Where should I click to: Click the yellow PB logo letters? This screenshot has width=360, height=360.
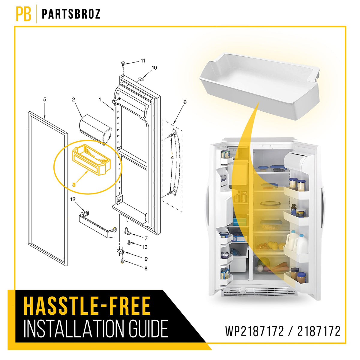23,14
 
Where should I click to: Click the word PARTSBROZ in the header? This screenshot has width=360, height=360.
71,14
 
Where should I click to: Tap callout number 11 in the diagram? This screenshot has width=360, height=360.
143,61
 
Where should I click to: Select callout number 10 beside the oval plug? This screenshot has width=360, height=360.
154,67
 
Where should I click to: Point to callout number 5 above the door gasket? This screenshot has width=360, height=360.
45,100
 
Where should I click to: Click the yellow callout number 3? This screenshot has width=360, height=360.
74,185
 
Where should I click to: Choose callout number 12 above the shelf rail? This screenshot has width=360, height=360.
73,199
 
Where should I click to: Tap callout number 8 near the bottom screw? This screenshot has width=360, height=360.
146,268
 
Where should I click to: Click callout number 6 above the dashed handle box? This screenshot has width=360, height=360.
185,102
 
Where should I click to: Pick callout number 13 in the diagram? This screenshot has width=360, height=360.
145,247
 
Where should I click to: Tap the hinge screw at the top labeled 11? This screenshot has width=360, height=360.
123,64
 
